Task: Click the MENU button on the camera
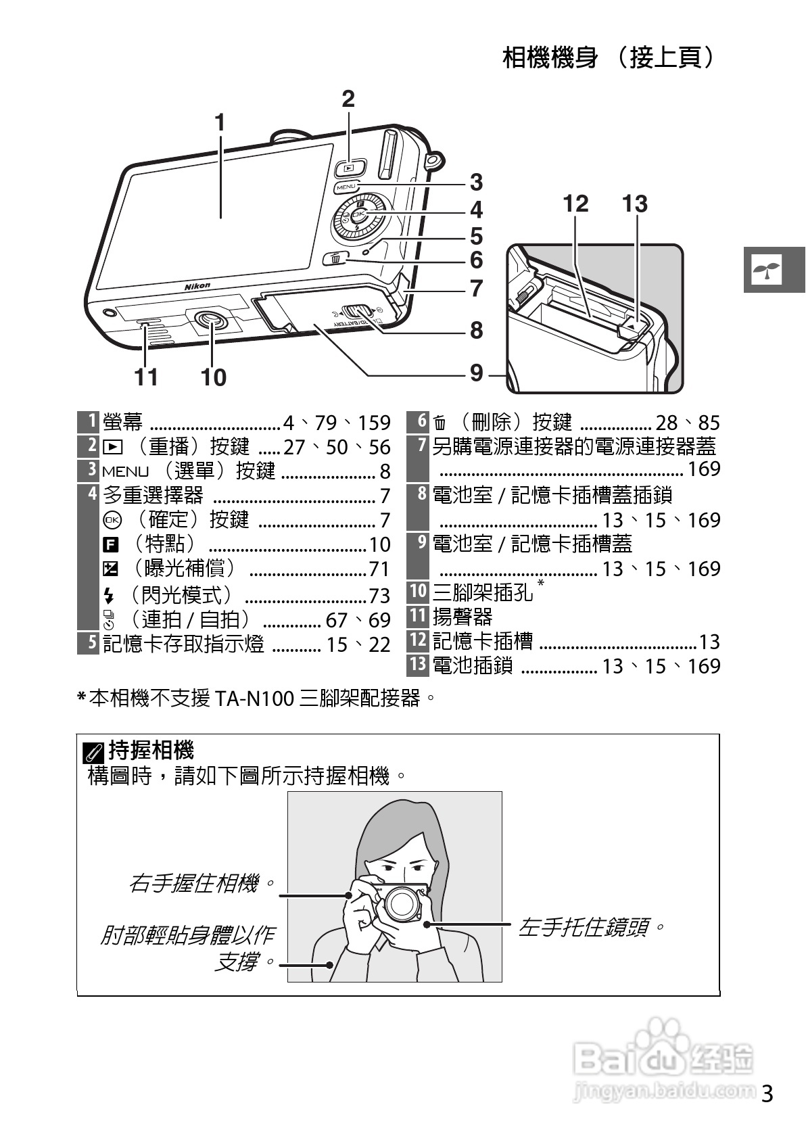[346, 186]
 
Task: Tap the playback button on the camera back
[349, 166]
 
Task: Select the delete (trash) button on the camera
[336, 258]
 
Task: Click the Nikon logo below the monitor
[197, 286]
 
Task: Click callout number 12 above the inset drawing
[575, 204]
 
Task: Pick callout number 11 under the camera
[146, 377]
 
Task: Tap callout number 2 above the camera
[348, 99]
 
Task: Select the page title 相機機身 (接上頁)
[608, 58]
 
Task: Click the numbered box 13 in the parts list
[417, 665]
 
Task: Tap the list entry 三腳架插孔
[483, 592]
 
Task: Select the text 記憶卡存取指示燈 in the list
[183, 643]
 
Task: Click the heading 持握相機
[151, 750]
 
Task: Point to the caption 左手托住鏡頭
[591, 926]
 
